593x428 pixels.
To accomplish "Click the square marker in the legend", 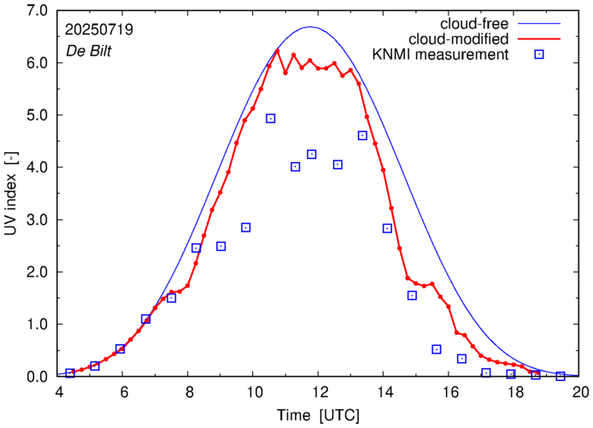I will coord(539,56).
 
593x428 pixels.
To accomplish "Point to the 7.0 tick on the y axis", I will coord(35,10).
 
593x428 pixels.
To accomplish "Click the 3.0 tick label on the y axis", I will coord(35,220).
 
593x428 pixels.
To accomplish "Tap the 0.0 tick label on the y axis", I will coord(35,377).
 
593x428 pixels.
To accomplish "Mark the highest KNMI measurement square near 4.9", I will coord(271,119).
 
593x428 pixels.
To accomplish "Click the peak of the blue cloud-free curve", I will coord(310,27).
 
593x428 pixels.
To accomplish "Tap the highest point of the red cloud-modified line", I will coord(278,50).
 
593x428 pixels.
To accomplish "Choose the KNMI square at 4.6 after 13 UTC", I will coord(362,136).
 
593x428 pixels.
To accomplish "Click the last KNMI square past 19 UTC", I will coord(561,376).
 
